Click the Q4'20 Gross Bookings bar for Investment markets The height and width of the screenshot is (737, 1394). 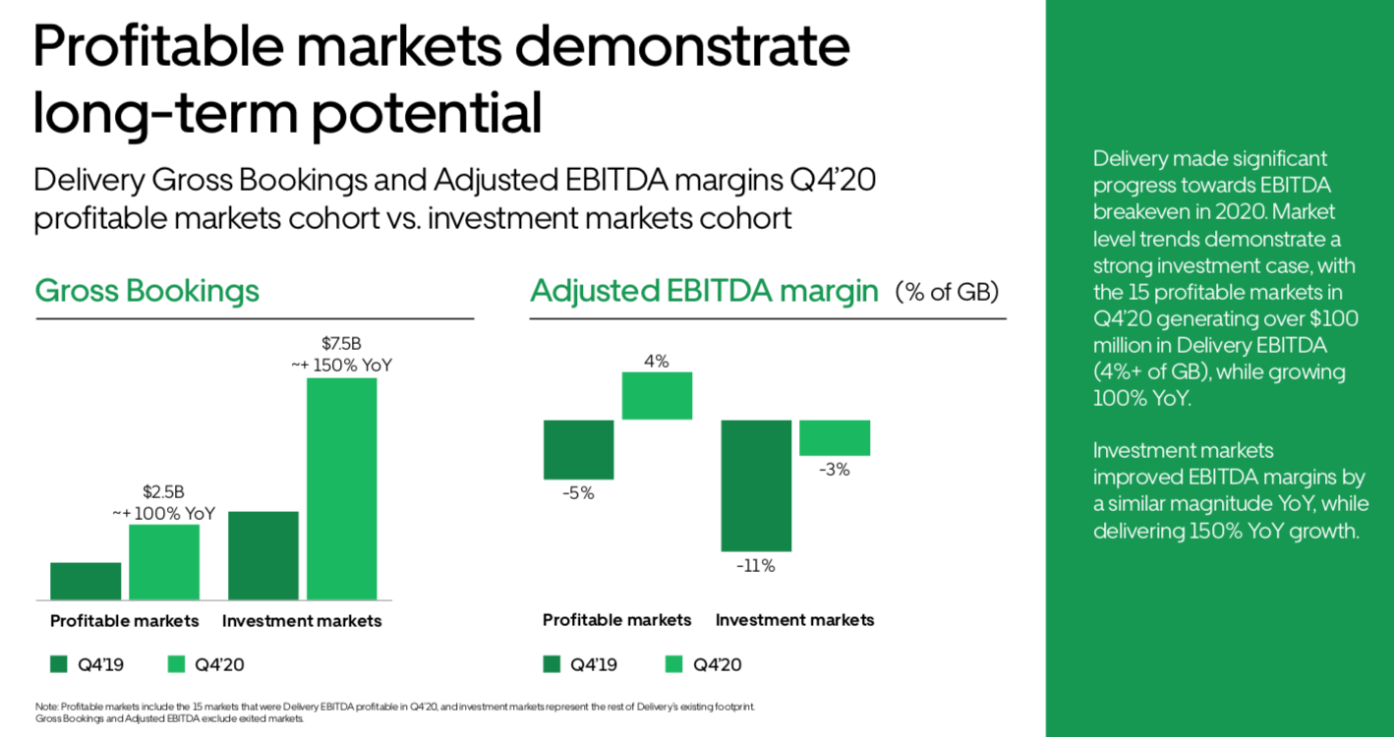pos(341,488)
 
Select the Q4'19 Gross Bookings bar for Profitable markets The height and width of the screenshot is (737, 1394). pos(86,581)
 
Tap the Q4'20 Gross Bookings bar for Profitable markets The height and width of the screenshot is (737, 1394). pos(164,562)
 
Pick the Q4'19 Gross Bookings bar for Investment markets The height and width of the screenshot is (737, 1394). pos(262,555)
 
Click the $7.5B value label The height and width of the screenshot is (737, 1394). pos(341,344)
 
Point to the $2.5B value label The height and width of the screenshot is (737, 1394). pos(164,491)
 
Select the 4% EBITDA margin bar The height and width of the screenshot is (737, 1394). pos(657,396)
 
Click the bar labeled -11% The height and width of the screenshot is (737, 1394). pos(756,485)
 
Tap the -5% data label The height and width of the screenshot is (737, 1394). pos(578,493)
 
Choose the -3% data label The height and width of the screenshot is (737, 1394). pos(835,470)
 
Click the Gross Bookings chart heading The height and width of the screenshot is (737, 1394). pos(147,291)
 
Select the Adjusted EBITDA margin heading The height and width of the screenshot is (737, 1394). pos(704,291)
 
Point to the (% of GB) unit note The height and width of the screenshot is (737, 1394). pos(947,292)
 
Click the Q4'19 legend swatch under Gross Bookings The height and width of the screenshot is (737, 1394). pos(59,664)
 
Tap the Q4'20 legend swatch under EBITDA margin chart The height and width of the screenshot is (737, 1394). pos(674,664)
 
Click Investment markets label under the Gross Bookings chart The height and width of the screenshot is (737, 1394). pos(302,621)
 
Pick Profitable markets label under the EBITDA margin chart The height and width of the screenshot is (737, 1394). pos(617,620)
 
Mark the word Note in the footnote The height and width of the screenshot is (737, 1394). pos(45,707)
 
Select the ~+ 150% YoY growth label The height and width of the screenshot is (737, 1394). pos(341,365)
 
